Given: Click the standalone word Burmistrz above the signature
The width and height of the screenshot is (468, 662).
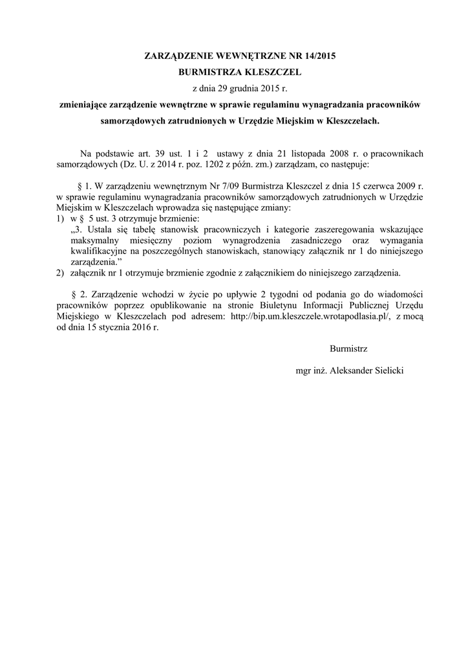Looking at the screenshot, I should click(348, 349).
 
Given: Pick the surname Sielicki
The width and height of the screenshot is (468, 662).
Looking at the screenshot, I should click(385, 371).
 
